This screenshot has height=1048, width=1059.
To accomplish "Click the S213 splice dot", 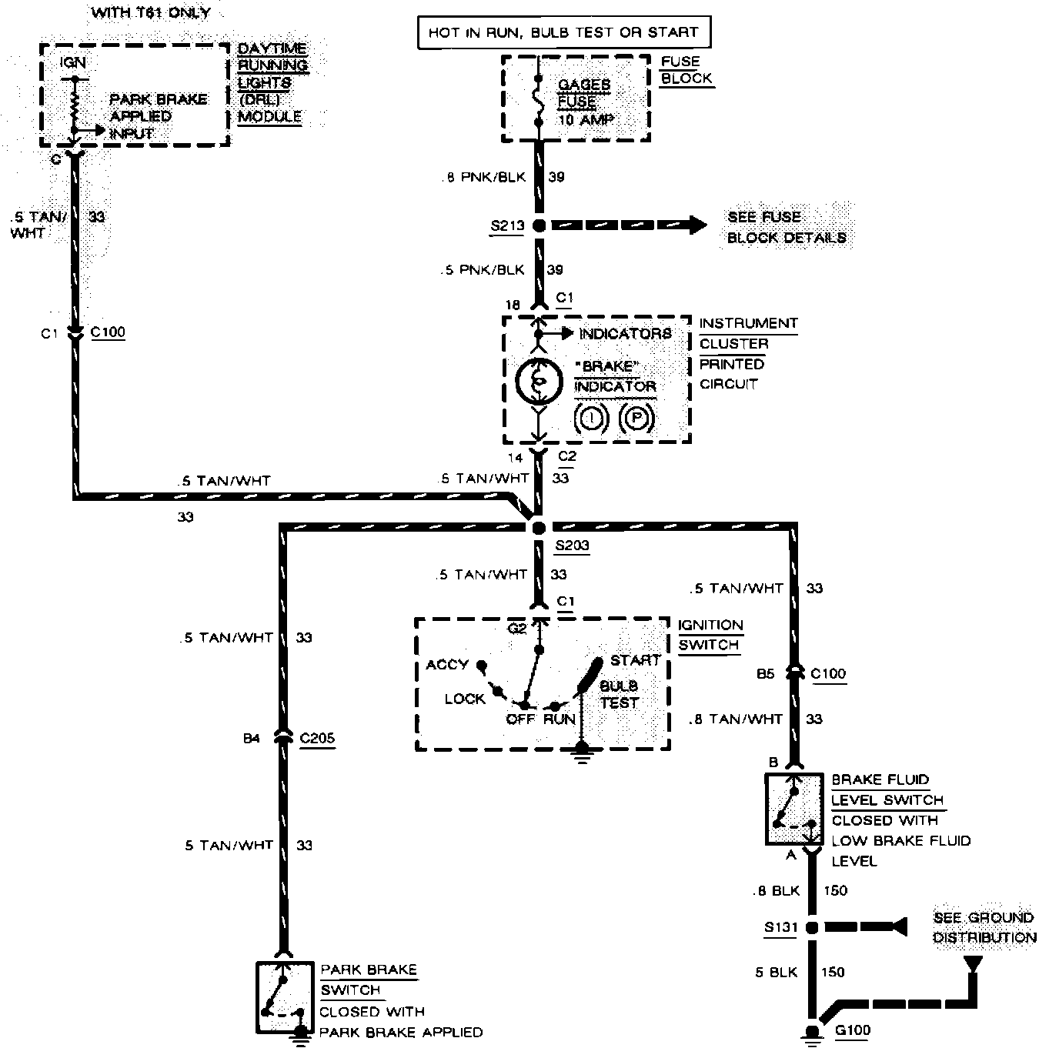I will (539, 225).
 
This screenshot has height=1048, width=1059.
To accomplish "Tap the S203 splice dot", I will (539, 527).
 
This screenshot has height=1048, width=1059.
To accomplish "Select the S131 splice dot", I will (811, 928).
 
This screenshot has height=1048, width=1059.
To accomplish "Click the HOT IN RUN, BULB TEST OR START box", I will (563, 32).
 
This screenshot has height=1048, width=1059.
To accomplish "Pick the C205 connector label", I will (317, 738).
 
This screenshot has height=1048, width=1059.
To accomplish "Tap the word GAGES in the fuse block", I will (584, 85).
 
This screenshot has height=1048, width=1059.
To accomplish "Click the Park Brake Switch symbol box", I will (285, 997).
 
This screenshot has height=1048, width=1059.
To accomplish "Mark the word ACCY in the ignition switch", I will (446, 664).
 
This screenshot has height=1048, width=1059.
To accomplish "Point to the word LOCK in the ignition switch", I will (464, 699).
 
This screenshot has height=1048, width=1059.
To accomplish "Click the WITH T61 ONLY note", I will (150, 12).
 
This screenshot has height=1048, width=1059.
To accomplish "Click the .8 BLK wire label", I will (776, 891).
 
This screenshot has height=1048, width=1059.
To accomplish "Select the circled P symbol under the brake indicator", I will (636, 419).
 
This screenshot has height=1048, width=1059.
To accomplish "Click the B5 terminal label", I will (765, 674).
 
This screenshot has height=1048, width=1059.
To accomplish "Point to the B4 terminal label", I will (252, 739).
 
